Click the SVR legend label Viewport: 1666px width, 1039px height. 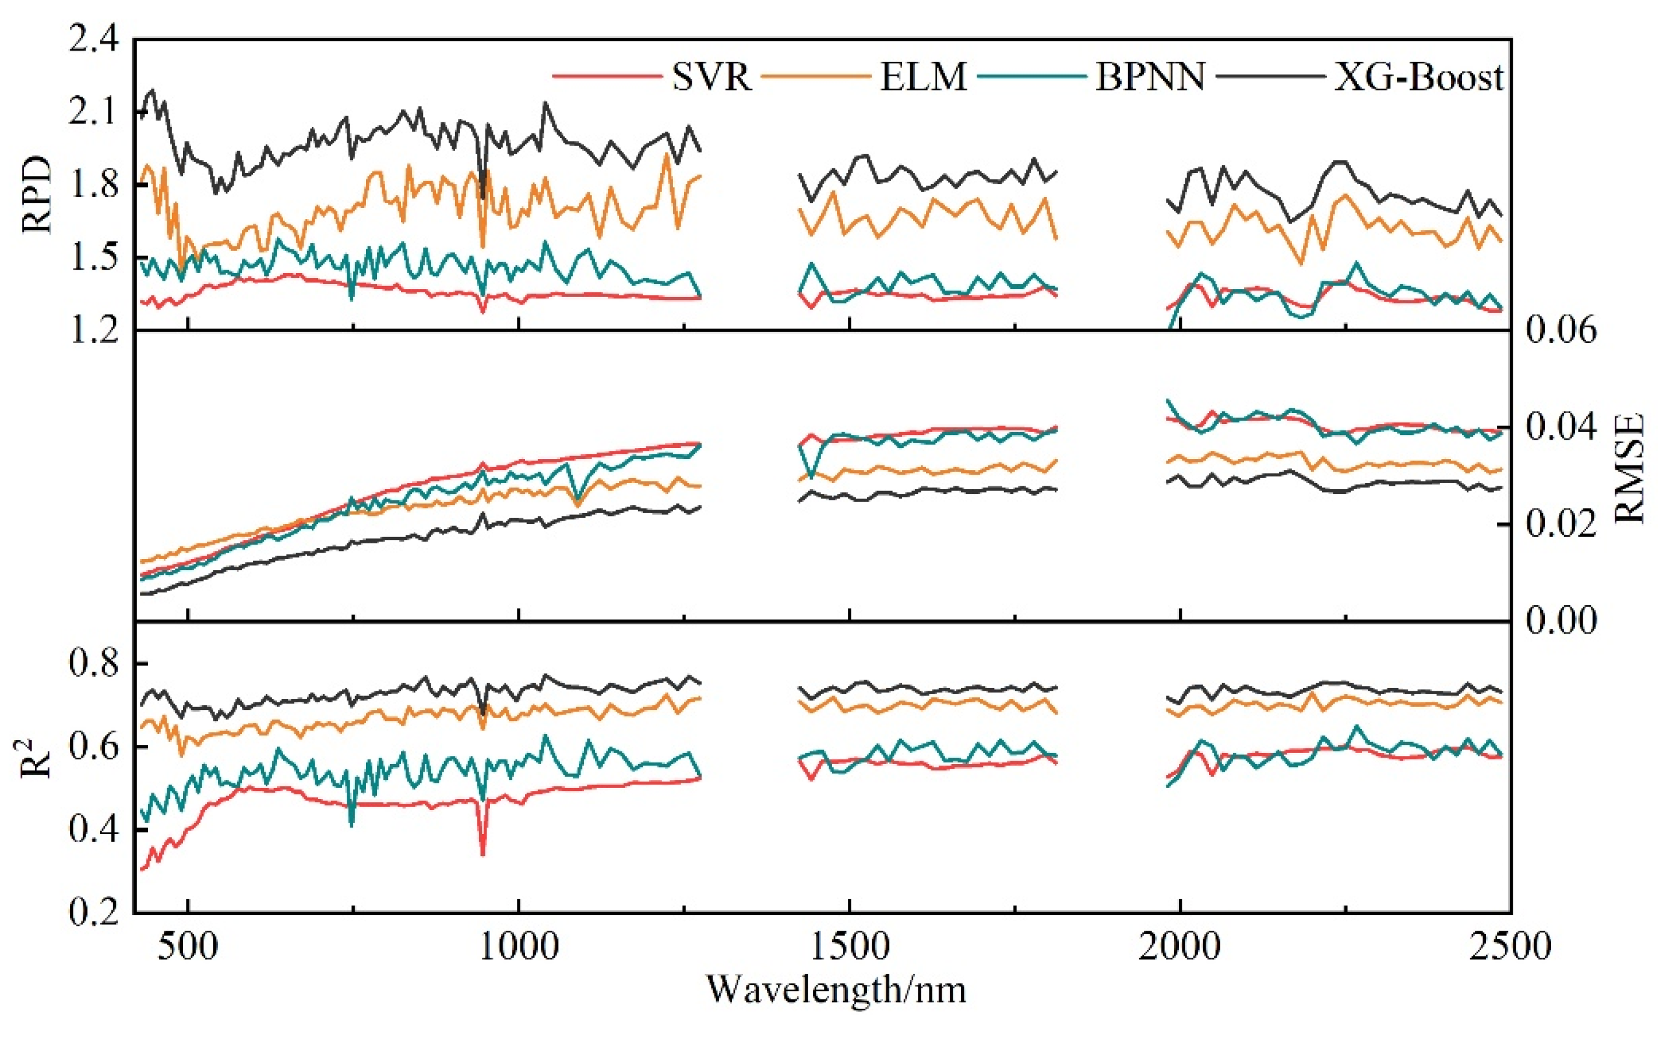click(711, 76)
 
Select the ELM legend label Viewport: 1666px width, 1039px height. click(924, 76)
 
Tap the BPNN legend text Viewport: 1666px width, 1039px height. click(1150, 76)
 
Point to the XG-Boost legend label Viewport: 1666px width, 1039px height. click(1418, 76)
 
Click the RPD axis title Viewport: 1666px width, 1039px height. click(38, 195)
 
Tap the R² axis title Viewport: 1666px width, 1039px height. click(37, 752)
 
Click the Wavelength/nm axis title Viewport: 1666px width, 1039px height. click(836, 989)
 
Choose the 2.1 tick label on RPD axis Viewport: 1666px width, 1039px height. click(93, 112)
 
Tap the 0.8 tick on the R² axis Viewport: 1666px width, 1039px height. click(93, 665)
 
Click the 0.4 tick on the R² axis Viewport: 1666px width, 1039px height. click(93, 829)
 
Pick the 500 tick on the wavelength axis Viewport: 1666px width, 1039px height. click(188, 946)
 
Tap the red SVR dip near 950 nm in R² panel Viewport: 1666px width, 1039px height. click(482, 852)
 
